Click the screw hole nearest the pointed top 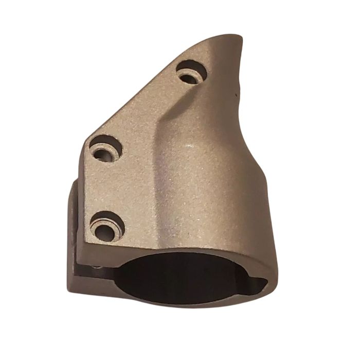191,72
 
